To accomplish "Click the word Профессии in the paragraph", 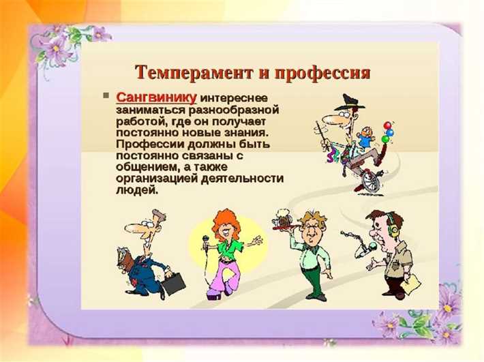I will [145, 145].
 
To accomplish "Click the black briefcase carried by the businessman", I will [172, 281].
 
